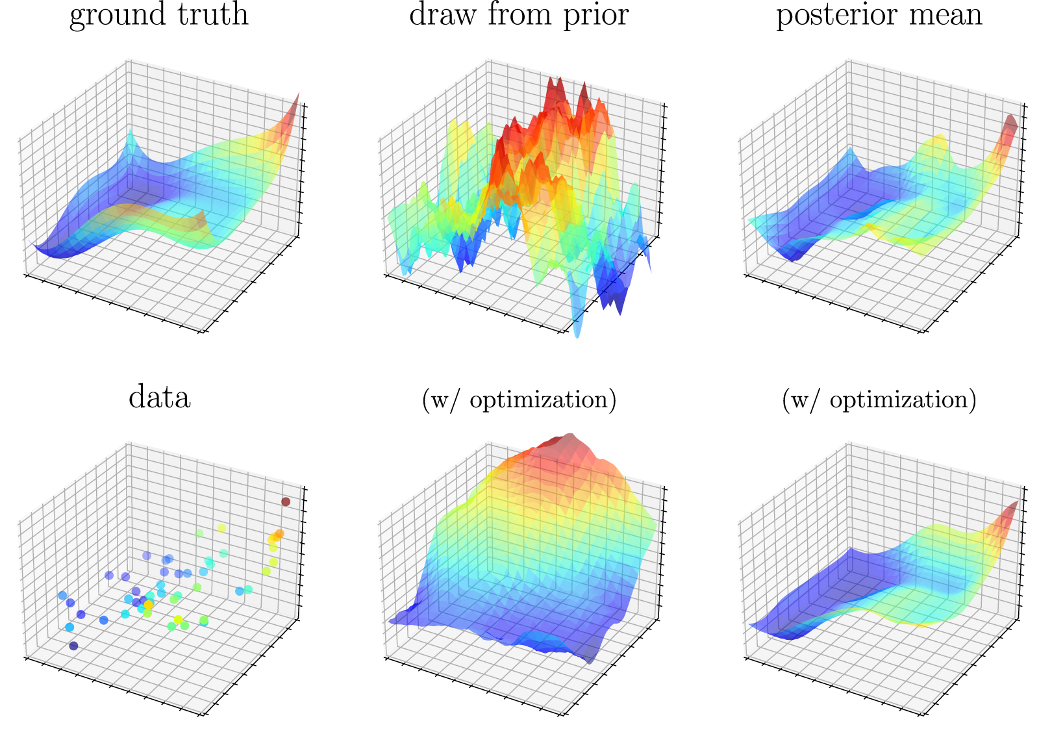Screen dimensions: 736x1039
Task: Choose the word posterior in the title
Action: (834, 16)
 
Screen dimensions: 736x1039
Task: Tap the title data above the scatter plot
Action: (159, 397)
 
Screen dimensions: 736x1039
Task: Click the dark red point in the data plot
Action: (286, 501)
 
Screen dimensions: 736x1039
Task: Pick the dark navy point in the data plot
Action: (73, 646)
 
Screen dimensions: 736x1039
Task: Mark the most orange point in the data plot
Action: (279, 534)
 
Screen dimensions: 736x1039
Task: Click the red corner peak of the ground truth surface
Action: (295, 104)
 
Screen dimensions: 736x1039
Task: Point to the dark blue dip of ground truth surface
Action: (52, 252)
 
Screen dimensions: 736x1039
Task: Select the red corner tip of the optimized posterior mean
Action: (1014, 507)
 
